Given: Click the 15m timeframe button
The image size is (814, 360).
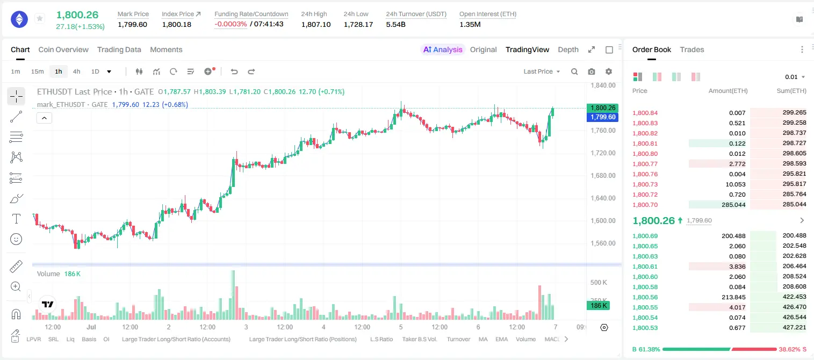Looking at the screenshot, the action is (x=38, y=71).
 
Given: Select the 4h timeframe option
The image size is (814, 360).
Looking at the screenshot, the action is (x=76, y=71).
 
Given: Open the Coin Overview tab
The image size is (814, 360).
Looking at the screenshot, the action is (x=63, y=50).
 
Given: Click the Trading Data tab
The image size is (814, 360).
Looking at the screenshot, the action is (x=119, y=50).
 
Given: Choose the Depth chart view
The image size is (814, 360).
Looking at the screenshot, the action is (x=568, y=50).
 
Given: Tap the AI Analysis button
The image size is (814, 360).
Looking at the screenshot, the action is (x=443, y=50).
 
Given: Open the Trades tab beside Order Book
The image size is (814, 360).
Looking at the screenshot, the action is (x=692, y=50).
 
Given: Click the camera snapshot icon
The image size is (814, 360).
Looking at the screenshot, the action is (x=592, y=71).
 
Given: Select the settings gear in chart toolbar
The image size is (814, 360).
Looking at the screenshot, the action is (x=609, y=71).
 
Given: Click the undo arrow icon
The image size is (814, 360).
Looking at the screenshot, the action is (x=234, y=71).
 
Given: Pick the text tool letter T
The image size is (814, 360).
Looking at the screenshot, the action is (x=16, y=219).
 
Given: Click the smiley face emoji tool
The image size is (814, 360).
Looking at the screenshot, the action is (x=16, y=239).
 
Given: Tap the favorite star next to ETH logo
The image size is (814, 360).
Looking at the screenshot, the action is (x=40, y=18).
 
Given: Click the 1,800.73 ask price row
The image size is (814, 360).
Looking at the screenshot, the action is (x=645, y=184).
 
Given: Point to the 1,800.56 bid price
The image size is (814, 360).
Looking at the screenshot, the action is (x=645, y=297).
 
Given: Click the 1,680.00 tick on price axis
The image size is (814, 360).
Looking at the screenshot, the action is (x=603, y=176).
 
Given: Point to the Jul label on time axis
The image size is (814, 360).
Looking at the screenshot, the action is (x=91, y=327).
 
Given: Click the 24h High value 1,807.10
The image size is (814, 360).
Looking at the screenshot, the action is (x=316, y=25).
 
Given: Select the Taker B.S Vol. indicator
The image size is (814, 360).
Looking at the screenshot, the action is (x=419, y=339).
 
